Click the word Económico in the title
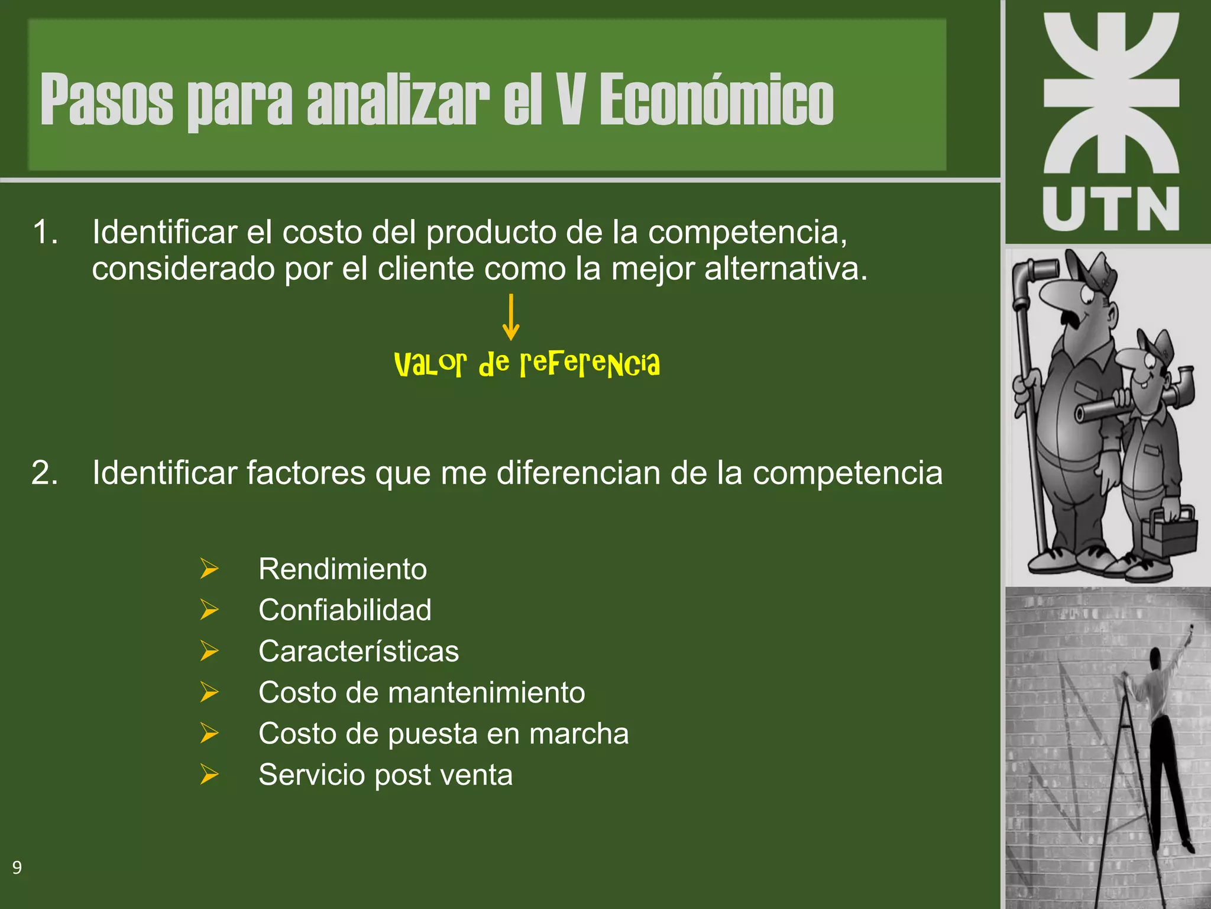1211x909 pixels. click(x=716, y=99)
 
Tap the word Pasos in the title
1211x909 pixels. click(x=106, y=99)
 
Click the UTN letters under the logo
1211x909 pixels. click(x=1111, y=209)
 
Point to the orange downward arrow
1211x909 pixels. click(x=511, y=317)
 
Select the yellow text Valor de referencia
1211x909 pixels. click(x=526, y=363)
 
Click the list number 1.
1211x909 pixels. click(x=45, y=231)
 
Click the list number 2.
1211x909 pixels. click(x=45, y=472)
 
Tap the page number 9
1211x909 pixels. click(x=17, y=868)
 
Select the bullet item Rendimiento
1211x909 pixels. click(x=342, y=569)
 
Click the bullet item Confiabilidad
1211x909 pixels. click(x=345, y=610)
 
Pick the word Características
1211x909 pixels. click(x=358, y=651)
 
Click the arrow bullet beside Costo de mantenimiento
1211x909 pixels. click(x=209, y=692)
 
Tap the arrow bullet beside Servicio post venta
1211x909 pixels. click(x=209, y=774)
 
